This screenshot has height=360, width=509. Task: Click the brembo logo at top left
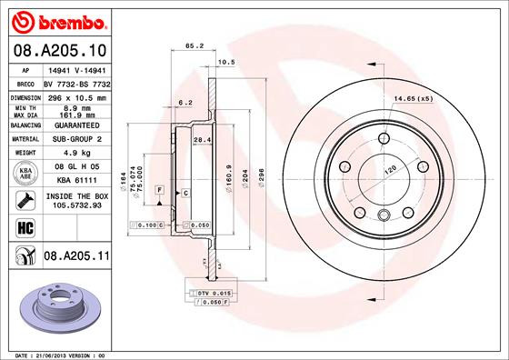click(56, 19)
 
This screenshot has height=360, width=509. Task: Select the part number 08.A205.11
click(77, 258)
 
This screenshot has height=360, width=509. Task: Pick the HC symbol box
click(24, 226)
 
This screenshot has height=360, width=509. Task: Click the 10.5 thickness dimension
click(227, 63)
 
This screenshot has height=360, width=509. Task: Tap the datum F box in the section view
click(161, 189)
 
